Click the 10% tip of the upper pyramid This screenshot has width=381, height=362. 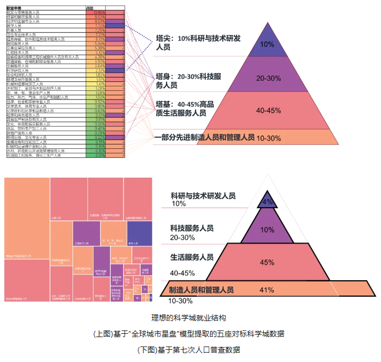[267, 44]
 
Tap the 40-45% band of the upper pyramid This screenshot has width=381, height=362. [267, 110]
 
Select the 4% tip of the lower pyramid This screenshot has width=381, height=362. [268, 202]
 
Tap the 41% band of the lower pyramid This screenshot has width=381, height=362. [267, 289]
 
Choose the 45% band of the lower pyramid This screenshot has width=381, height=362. [267, 262]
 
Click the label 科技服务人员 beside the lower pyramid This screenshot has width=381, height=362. [192, 228]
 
